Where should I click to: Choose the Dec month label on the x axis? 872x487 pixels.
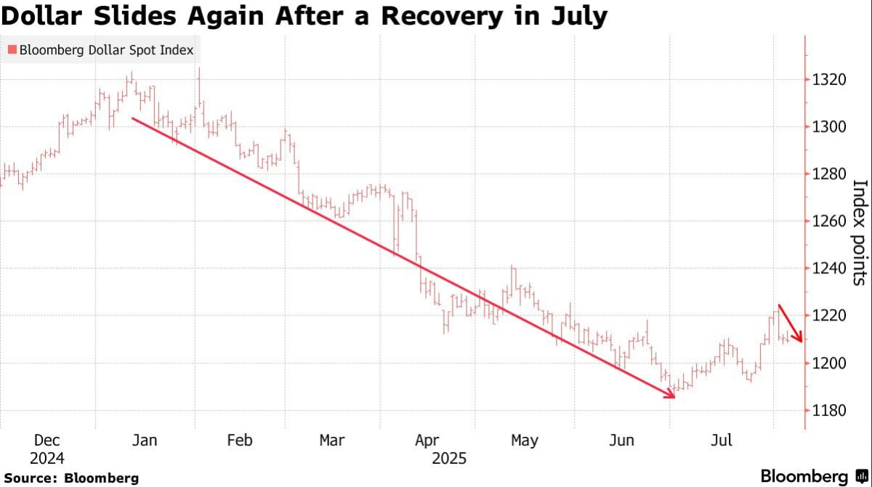[47, 440]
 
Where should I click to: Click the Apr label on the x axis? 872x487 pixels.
[427, 440]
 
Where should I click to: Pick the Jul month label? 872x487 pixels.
[721, 440]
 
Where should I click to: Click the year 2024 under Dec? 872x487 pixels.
[47, 459]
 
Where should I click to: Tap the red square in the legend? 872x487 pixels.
[12, 50]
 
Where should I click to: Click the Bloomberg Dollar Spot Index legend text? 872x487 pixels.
[106, 50]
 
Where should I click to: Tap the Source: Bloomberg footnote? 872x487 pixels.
[71, 478]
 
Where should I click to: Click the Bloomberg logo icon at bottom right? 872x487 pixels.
[863, 477]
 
